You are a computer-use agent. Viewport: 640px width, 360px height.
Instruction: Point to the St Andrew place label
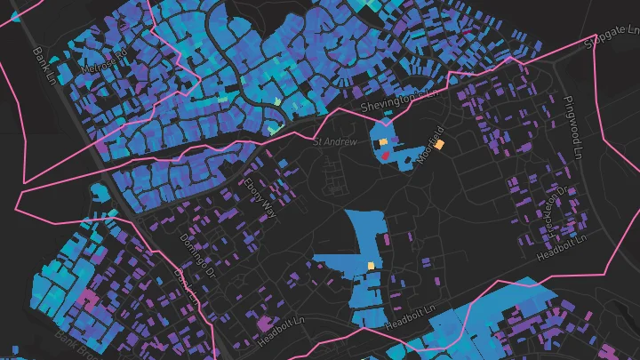(334, 141)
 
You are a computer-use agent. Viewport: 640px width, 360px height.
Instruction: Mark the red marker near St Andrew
(386, 155)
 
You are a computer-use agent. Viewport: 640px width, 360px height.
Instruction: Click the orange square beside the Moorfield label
(439, 144)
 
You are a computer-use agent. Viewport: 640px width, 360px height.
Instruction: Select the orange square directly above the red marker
(383, 142)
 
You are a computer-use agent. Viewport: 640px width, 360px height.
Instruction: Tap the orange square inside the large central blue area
(371, 266)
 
